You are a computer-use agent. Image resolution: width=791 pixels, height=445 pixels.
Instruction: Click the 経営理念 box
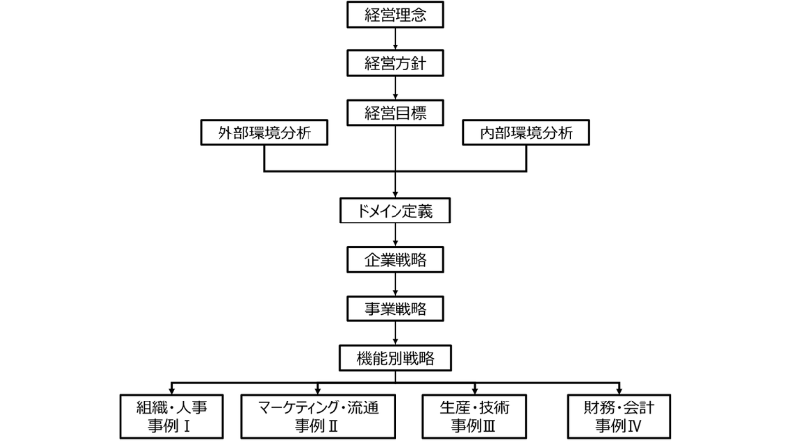coord(395,15)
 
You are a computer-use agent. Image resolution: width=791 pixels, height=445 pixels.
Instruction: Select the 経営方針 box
coord(395,63)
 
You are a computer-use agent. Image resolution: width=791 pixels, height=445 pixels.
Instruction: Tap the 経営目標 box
coord(395,112)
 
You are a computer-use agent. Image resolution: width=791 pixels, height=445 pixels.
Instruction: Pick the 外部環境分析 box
coord(264,133)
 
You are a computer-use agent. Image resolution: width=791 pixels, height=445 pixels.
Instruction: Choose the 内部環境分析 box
coord(526,133)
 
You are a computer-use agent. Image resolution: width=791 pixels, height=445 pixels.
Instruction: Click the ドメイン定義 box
coord(395,211)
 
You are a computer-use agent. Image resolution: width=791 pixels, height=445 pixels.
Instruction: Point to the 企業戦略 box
coord(395,259)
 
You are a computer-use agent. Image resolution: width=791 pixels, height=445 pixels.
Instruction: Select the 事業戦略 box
coord(395,308)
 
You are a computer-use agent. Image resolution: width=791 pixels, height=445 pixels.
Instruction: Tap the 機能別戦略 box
coord(395,356)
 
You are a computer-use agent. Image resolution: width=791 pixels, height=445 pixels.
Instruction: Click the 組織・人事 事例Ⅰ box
coord(174,417)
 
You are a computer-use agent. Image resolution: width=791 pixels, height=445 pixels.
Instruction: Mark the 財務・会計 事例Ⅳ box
coord(618,417)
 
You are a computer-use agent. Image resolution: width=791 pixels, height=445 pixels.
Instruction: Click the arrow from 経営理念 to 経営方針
coord(395,39)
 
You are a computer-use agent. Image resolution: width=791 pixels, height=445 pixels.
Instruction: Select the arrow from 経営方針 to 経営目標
coord(395,87)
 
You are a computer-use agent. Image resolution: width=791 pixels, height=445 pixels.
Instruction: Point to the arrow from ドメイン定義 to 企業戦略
coord(395,234)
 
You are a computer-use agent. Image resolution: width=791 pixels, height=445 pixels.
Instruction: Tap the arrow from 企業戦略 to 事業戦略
coord(395,283)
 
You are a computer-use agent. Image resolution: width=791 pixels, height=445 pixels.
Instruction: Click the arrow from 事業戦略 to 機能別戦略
coord(395,331)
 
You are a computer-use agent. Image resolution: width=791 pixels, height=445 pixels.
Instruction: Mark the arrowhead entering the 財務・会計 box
coord(618,390)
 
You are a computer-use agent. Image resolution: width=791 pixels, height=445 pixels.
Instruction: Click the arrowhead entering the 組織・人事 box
coord(174,390)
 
